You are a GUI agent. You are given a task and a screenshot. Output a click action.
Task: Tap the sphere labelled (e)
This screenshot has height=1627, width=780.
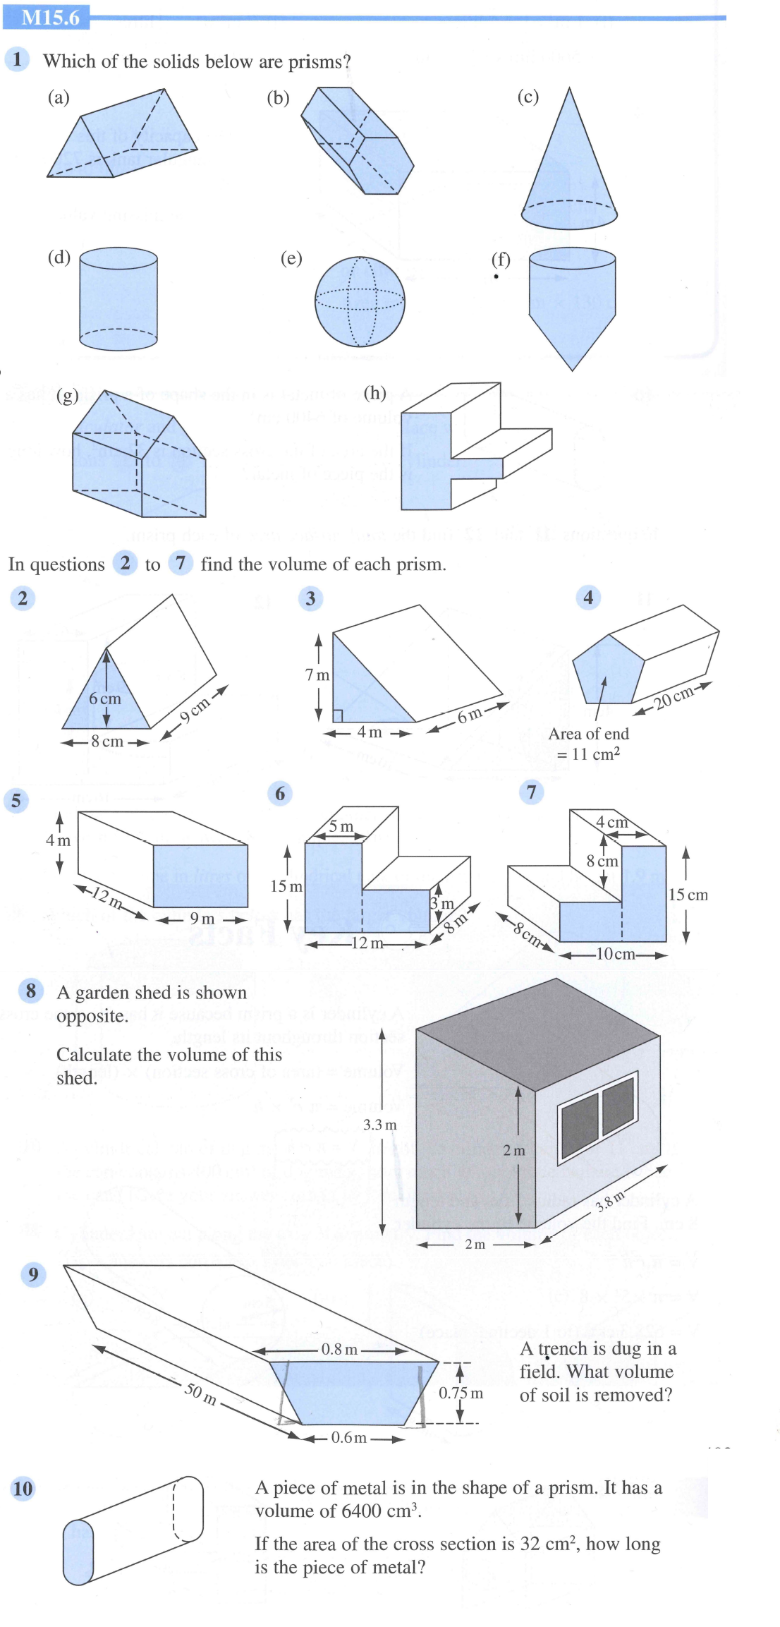click(x=360, y=301)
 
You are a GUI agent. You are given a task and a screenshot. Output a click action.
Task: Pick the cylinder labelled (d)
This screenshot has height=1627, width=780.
click(x=118, y=298)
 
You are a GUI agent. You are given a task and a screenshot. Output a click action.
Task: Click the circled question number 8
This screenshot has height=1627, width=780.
click(x=30, y=991)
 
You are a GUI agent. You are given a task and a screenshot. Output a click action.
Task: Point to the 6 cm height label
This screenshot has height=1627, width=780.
click(x=104, y=698)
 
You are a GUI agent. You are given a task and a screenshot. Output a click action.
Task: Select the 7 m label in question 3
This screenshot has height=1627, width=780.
click(x=317, y=675)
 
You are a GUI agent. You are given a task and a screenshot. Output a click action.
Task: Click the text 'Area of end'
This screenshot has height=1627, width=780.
click(x=588, y=734)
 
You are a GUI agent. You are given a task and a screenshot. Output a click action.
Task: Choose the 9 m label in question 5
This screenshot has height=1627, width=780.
click(x=202, y=919)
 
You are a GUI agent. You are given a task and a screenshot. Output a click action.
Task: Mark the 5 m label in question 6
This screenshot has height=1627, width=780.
click(x=341, y=826)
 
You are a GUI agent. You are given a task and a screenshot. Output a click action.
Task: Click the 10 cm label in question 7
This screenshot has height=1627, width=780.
click(x=615, y=954)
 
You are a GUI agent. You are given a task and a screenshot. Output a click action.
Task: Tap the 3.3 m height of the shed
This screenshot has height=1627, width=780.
click(x=379, y=1125)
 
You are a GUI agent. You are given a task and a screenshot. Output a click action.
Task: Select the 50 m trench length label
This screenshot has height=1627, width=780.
click(x=200, y=1393)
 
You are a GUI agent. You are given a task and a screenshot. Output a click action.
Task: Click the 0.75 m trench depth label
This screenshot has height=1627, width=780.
click(x=461, y=1393)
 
